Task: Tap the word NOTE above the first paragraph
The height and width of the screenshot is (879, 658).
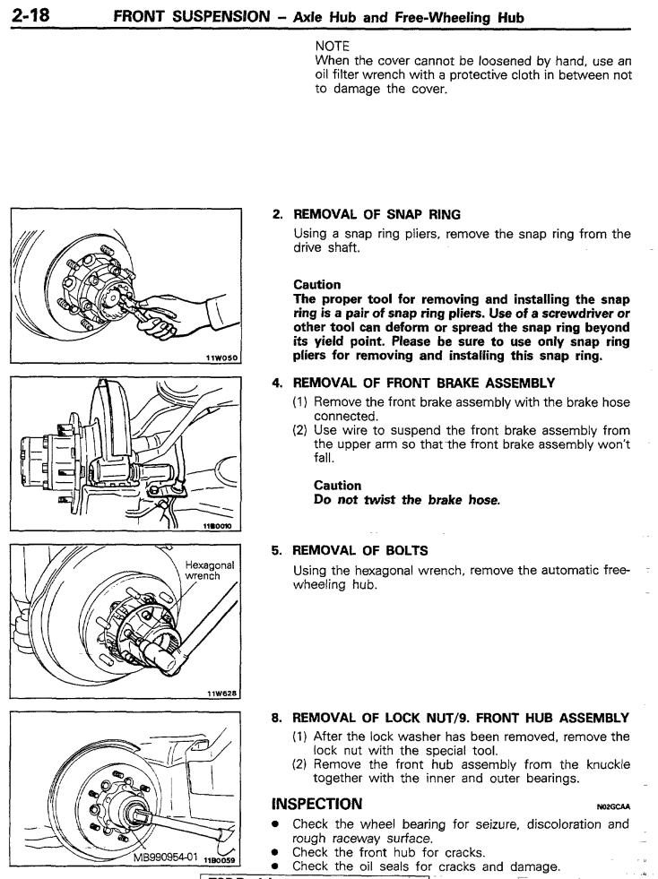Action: [x=332, y=43]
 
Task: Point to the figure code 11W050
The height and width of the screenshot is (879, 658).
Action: [x=223, y=358]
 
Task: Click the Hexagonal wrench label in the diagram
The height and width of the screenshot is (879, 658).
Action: [x=209, y=571]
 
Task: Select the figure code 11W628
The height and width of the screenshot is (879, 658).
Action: [x=223, y=693]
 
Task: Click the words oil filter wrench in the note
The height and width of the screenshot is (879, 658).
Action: [x=355, y=74]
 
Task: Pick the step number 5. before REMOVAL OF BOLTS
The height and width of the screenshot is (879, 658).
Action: [x=278, y=550]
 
